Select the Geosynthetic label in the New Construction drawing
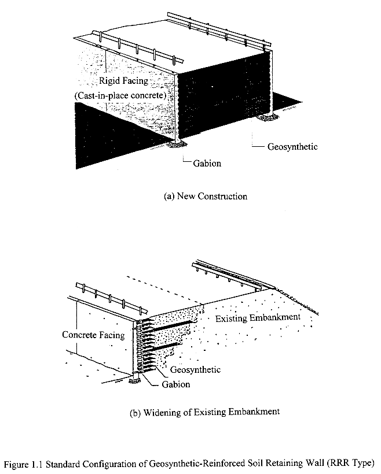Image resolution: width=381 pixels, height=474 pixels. (x=292, y=147)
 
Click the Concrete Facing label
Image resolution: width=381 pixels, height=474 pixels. (x=93, y=335)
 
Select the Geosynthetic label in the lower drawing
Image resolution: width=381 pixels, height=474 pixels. (x=196, y=369)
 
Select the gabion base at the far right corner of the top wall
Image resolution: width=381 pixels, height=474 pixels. (x=268, y=117)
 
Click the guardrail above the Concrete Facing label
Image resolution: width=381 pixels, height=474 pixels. (x=104, y=295)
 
